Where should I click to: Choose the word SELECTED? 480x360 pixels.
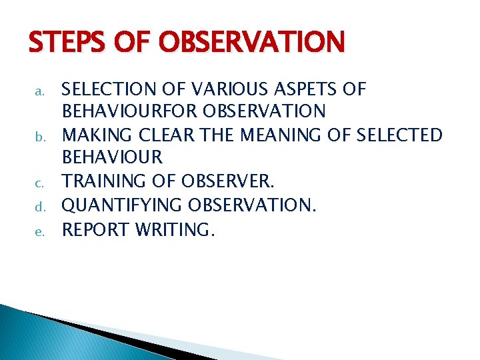400,135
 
